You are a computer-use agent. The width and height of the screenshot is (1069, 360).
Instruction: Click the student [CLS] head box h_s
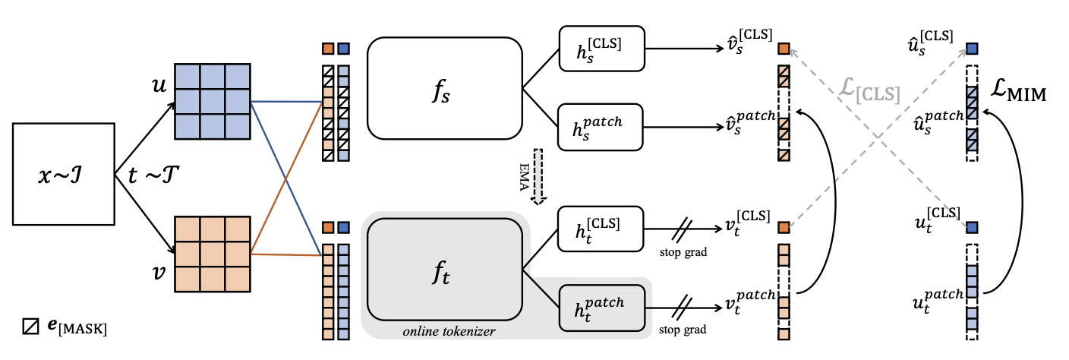600,49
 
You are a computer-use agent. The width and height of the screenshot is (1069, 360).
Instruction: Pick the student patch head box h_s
600,125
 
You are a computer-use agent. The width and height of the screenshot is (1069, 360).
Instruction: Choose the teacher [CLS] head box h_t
600,227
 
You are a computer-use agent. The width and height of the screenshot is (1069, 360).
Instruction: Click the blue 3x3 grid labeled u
212,99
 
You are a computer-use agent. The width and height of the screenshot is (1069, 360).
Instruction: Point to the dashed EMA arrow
539,176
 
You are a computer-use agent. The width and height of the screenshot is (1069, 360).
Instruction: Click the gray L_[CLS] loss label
869,93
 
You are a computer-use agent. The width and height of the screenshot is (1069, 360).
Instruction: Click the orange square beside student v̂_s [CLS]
784,49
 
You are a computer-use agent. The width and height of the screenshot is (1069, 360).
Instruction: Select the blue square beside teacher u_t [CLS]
972,227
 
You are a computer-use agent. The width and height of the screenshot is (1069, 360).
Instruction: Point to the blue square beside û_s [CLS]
972,49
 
